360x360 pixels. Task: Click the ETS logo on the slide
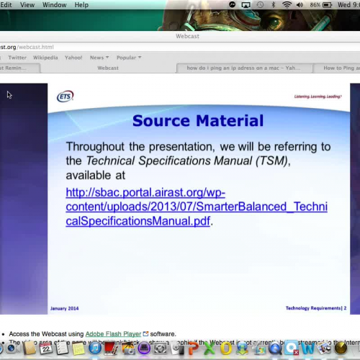(65, 96)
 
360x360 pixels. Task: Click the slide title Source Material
(198, 120)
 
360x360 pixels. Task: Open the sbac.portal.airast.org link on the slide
(196, 207)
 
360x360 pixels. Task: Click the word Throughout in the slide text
(99, 147)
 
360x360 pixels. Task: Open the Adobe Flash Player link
(113, 334)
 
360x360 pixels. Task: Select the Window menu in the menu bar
(54, 5)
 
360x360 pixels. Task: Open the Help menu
(81, 5)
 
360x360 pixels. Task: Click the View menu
(27, 5)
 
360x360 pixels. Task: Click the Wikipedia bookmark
(45, 58)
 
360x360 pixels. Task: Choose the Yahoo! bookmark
(73, 58)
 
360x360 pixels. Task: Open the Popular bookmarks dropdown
(129, 58)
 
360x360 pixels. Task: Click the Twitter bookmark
(17, 58)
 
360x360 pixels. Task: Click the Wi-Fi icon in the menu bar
(287, 5)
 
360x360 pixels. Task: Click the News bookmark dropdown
(99, 58)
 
